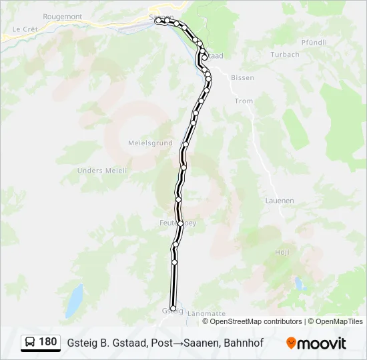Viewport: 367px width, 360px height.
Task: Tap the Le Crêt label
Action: (25, 29)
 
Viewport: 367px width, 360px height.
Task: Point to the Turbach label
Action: (286, 55)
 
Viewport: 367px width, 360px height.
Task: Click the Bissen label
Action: (242, 78)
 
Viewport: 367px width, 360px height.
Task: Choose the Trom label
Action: (244, 101)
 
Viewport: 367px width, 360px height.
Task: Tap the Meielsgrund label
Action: (150, 143)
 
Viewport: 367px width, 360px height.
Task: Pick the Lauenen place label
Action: (280, 200)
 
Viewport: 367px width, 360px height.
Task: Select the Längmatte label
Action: (208, 313)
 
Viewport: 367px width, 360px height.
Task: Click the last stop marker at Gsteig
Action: (173, 309)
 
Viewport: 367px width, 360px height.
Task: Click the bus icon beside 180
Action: (31, 343)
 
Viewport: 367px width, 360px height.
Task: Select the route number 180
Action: (48, 343)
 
